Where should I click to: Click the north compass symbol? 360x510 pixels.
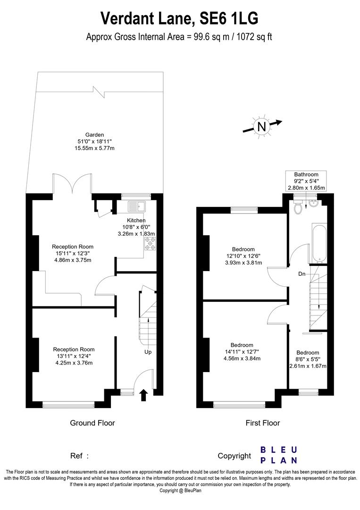[261, 127]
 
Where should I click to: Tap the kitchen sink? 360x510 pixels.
[138, 206]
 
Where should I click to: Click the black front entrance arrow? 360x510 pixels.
[144, 395]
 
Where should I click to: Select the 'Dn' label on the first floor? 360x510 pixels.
[301, 273]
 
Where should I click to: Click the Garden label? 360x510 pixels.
[94, 135]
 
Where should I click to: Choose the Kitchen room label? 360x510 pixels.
[136, 220]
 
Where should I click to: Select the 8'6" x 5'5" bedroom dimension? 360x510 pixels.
[308, 359]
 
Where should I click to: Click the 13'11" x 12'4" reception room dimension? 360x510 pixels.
[73, 357]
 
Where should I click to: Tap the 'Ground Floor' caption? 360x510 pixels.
[92, 423]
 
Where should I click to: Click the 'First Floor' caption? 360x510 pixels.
[262, 423]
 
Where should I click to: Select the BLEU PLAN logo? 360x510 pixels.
[278, 454]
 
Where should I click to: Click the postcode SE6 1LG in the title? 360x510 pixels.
[229, 19]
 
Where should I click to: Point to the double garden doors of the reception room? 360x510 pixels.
[72, 184]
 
